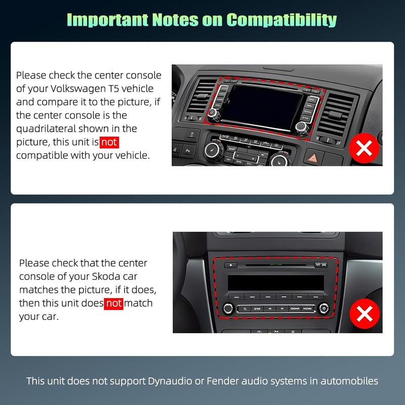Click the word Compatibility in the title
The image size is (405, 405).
click(281, 20)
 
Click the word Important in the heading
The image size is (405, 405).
click(107, 20)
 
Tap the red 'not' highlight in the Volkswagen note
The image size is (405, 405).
click(109, 142)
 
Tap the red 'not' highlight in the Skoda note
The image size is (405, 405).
click(113, 303)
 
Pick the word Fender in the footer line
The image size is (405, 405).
click(222, 381)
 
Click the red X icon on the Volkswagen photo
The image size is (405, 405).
click(364, 148)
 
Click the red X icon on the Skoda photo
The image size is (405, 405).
click(364, 313)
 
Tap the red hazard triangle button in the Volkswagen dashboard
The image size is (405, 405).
click(313, 157)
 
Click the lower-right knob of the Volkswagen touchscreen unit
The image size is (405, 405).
click(301, 128)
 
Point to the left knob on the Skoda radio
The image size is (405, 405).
click(228, 308)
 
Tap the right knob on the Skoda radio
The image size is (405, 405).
click(323, 308)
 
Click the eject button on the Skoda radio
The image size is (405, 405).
click(231, 265)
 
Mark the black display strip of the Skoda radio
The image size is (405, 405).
click(276, 283)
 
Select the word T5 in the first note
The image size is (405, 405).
click(112, 89)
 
